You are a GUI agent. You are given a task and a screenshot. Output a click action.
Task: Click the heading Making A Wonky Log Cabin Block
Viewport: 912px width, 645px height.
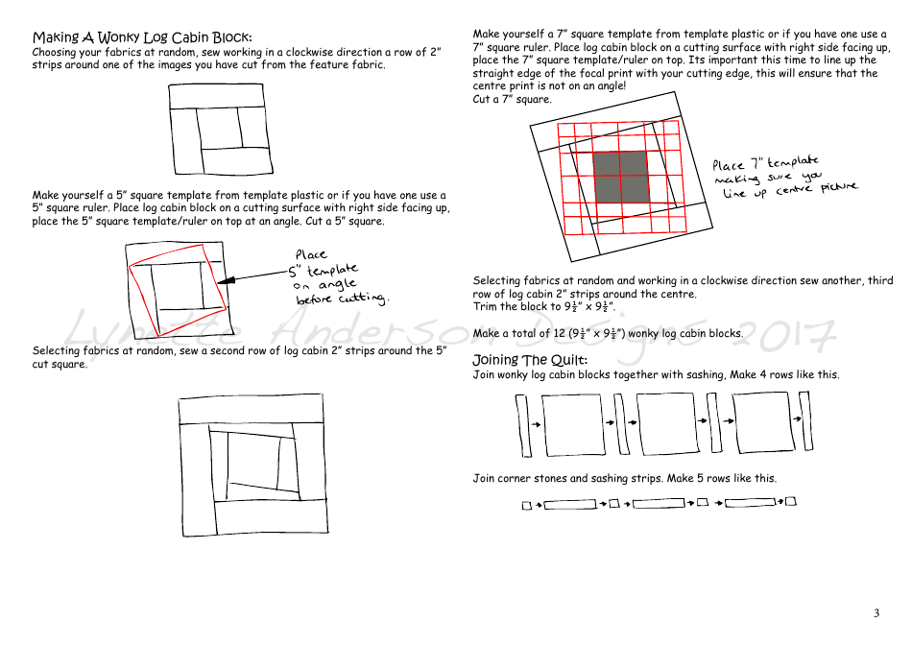[142, 37]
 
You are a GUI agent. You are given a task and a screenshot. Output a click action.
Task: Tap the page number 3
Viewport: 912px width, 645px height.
[876, 613]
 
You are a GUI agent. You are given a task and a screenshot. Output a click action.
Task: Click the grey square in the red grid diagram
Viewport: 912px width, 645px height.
[619, 176]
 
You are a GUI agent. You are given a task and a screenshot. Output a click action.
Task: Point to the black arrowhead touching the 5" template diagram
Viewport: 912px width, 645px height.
[226, 281]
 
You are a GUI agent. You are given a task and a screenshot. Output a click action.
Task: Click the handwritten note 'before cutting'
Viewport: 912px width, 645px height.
[341, 299]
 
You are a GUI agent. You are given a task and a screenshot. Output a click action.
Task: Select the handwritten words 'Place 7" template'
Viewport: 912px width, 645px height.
[765, 163]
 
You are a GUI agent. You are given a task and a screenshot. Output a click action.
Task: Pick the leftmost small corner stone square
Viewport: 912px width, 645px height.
[526, 505]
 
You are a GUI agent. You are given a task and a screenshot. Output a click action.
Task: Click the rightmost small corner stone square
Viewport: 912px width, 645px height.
[792, 500]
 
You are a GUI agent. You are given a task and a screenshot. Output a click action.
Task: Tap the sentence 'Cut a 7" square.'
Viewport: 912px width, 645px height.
[513, 99]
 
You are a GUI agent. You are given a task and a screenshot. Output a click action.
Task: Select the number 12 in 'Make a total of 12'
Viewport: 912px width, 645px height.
[558, 334]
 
